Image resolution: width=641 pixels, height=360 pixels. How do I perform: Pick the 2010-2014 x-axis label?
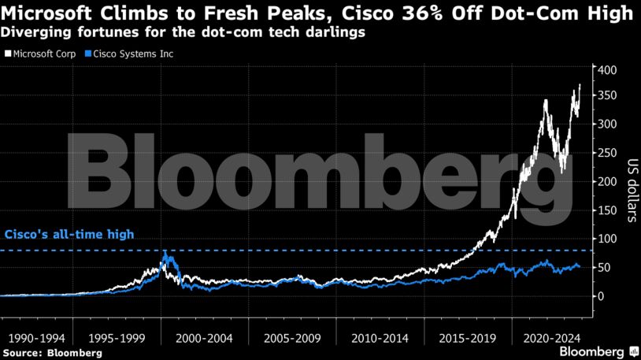tap(380, 336)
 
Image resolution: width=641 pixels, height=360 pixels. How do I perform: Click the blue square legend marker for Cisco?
tap(89, 54)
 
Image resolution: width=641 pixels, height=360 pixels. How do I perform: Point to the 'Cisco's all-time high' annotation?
tap(70, 235)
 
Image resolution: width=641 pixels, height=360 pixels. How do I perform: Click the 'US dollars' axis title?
tap(631, 182)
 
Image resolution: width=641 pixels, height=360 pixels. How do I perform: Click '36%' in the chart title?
tap(417, 13)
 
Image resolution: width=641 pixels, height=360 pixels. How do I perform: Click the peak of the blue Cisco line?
tap(166, 252)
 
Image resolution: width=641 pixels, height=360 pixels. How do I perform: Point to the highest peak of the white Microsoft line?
tap(580, 84)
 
